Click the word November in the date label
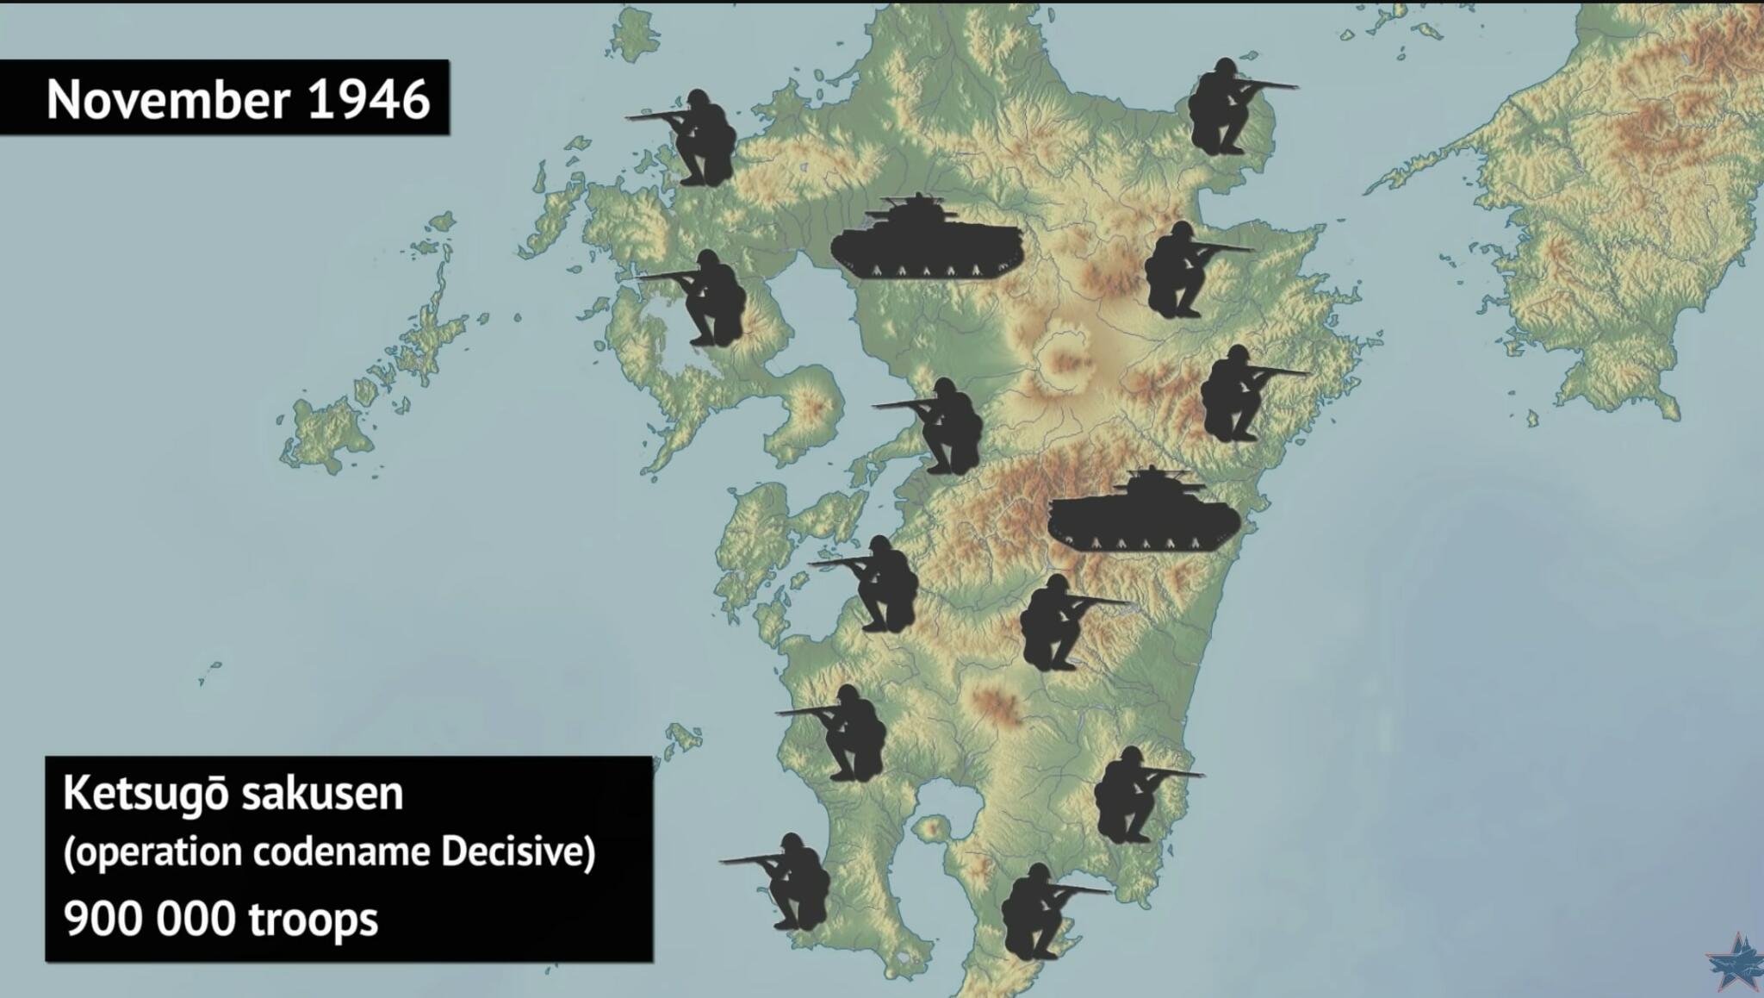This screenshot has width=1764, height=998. pyautogui.click(x=167, y=100)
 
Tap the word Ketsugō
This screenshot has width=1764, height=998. pyautogui.click(x=146, y=795)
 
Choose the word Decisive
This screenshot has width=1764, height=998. pyautogui.click(x=518, y=853)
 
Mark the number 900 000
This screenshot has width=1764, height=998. pyautogui.click(x=149, y=920)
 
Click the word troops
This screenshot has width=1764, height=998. pyautogui.click(x=314, y=920)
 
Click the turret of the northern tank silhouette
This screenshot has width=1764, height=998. pyautogui.click(x=918, y=209)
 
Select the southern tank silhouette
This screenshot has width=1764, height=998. pyautogui.click(x=1144, y=513)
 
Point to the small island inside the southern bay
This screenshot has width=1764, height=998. pyautogui.click(x=930, y=829)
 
